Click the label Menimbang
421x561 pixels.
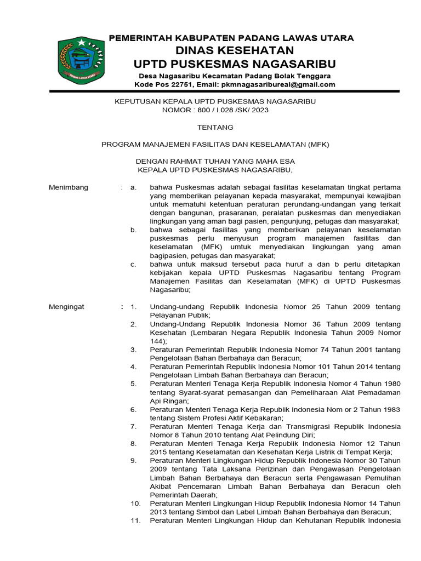[69, 187]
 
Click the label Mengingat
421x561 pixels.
[67, 307]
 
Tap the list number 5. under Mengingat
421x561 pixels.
[133, 383]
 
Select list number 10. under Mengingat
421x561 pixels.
[135, 503]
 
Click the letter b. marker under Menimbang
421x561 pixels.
[133, 230]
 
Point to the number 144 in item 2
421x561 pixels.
[157, 341]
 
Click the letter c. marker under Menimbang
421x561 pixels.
[133, 264]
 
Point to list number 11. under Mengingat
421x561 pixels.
[135, 520]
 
